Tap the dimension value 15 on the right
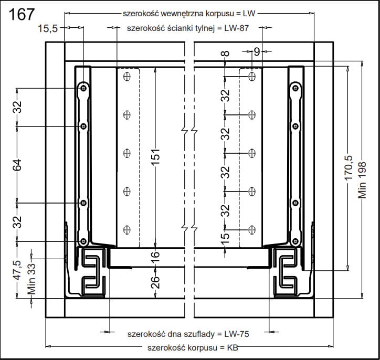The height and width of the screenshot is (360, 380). click(225, 237)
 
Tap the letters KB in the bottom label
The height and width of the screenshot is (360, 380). click(232, 347)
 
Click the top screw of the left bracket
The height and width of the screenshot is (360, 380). click(83, 89)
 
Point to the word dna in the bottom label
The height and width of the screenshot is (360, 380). click(178, 334)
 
